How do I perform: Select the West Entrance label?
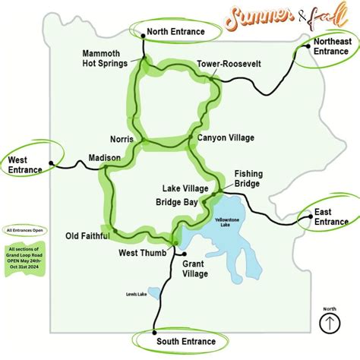(25, 165)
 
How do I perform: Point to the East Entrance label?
(331, 216)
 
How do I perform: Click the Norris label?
(121, 139)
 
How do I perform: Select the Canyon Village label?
(226, 137)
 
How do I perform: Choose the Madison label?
(104, 157)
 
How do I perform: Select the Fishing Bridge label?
(248, 178)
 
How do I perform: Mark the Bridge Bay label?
(176, 203)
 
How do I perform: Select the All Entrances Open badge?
(27, 229)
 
